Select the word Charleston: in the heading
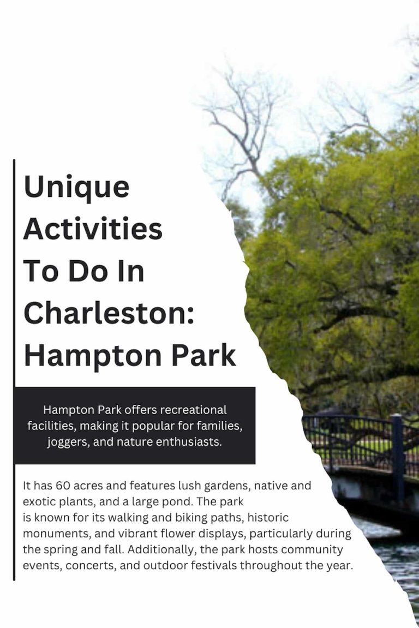[109, 313]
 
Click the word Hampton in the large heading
[76, 356]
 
